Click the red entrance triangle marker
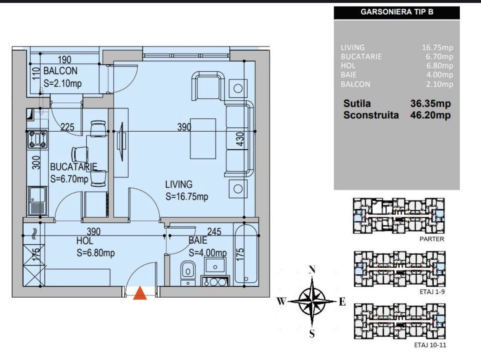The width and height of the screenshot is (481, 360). coord(140,293)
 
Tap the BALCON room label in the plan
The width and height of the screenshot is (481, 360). coord(60,71)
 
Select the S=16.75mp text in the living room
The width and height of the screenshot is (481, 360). coord(187,197)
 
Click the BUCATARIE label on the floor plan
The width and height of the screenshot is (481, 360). coord(74,167)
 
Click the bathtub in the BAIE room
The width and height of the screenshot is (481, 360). coord(246,254)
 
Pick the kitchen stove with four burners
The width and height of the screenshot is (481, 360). coord(37,139)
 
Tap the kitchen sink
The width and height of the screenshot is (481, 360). coord(37,201)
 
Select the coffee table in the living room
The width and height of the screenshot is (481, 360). coord(203,139)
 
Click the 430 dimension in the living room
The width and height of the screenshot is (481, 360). coord(240,139)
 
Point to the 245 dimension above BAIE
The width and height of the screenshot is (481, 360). coord(214,231)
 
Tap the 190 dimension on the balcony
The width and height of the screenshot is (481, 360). coord(64,59)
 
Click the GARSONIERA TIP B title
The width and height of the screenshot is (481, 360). coord(397,12)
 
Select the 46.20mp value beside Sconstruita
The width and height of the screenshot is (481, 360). coord(430,115)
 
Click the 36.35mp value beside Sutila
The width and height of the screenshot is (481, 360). coord(430,104)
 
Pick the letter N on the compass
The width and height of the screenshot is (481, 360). coord(312,269)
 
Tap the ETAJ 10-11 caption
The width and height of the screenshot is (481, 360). coord(430,345)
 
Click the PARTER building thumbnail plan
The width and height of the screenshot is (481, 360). coord(399,216)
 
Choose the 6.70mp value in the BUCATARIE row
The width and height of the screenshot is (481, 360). coord(439,57)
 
